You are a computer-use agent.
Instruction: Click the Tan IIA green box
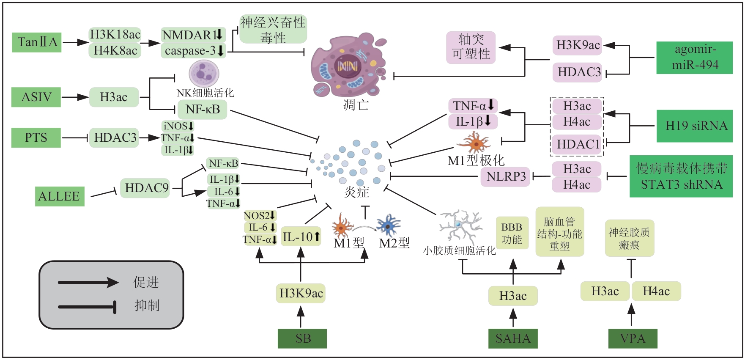point(37,42)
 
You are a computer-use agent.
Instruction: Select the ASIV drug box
point(36,97)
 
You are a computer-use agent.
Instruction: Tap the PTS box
point(36,137)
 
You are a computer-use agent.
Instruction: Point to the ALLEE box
point(59,196)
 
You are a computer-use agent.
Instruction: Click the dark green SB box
point(302,338)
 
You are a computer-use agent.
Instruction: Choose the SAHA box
point(512,338)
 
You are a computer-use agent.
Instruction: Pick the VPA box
point(633,338)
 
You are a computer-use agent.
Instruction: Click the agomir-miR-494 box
point(694,58)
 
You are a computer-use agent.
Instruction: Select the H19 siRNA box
point(694,126)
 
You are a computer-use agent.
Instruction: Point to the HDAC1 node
point(578,145)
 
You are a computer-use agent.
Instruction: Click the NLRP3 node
point(505,176)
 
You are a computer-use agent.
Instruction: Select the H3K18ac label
point(115,35)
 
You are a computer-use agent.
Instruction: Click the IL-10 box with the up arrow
point(301,237)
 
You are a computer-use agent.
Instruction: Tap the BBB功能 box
point(512,233)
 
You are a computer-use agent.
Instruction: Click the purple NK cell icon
point(204,74)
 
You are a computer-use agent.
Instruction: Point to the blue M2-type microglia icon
point(389,225)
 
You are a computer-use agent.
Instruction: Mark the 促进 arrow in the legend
point(88,282)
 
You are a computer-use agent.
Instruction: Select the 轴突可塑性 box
point(471,47)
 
